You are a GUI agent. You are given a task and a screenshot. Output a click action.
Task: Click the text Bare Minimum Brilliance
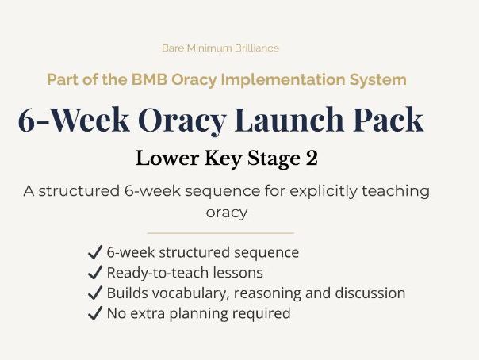pos(220,48)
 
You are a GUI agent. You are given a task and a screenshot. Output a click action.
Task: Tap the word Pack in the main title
pos(388,120)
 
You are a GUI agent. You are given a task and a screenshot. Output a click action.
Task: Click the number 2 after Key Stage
pos(312,158)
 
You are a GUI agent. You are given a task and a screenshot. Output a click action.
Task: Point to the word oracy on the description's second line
pos(227,213)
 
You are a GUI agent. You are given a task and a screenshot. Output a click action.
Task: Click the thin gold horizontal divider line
pos(220,233)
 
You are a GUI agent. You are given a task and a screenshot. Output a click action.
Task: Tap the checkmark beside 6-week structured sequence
pos(94,253)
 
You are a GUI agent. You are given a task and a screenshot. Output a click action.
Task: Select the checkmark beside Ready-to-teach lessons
pos(94,273)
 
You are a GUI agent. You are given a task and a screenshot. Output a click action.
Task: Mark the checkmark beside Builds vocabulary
pos(94,293)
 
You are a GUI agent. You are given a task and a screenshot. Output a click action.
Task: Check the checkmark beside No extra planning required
pos(94,313)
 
